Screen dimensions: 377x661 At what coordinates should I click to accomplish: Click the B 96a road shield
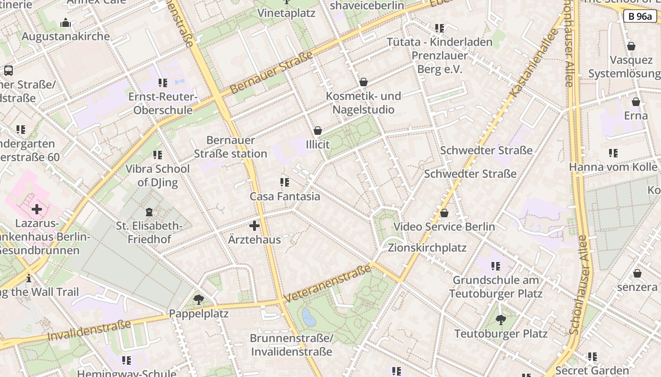[640, 16]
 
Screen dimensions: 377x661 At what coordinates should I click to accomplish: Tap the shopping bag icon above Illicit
[318, 131]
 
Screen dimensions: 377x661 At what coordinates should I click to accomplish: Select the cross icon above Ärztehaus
[254, 226]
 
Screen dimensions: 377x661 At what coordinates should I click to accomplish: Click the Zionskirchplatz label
[427, 248]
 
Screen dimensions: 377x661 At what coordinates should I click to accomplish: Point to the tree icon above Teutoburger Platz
[501, 320]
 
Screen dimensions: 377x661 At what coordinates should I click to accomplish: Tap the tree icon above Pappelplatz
[199, 299]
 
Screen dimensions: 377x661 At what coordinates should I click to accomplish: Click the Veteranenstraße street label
[328, 284]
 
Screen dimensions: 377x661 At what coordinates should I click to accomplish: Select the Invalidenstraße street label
[89, 330]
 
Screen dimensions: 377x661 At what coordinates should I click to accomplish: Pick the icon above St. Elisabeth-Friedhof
[150, 212]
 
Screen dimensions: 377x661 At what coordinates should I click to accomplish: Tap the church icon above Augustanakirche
[66, 23]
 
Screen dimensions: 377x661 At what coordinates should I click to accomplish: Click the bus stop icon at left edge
[8, 71]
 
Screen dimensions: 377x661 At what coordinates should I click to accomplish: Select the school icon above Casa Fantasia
[285, 182]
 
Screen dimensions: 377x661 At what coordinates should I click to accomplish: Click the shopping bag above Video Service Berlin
[444, 213]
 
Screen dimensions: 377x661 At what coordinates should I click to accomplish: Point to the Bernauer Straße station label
[230, 147]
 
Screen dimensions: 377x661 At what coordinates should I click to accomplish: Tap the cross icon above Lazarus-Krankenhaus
[37, 209]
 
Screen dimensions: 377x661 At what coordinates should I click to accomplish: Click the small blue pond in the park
[309, 317]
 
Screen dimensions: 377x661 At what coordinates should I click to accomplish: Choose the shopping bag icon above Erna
[636, 102]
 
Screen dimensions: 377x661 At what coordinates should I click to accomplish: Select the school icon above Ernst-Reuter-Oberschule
[163, 83]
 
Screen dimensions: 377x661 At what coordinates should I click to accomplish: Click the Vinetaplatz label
[286, 13]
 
